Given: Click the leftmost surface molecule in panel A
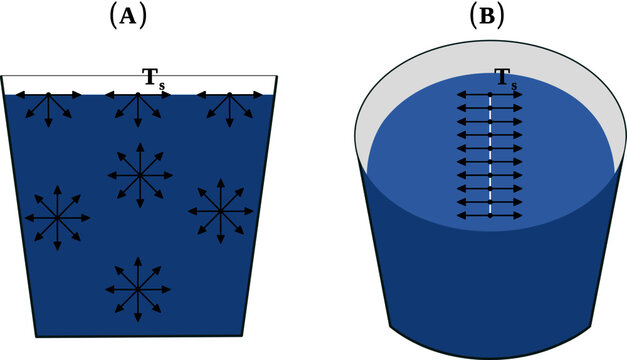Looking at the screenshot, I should click(x=47, y=96).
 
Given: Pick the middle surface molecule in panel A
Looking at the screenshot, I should click(x=138, y=96).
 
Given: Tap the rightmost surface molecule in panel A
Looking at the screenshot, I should click(x=230, y=96).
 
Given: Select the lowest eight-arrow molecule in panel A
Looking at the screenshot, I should click(x=138, y=290).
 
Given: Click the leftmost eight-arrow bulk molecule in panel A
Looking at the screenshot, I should click(x=56, y=217).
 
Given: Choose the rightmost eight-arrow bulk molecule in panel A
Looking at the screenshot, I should click(x=221, y=210).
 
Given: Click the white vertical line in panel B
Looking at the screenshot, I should click(x=490, y=155).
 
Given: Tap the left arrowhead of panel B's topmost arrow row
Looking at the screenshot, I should click(x=460, y=97).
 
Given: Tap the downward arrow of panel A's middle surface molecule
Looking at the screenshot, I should click(x=138, y=123).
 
